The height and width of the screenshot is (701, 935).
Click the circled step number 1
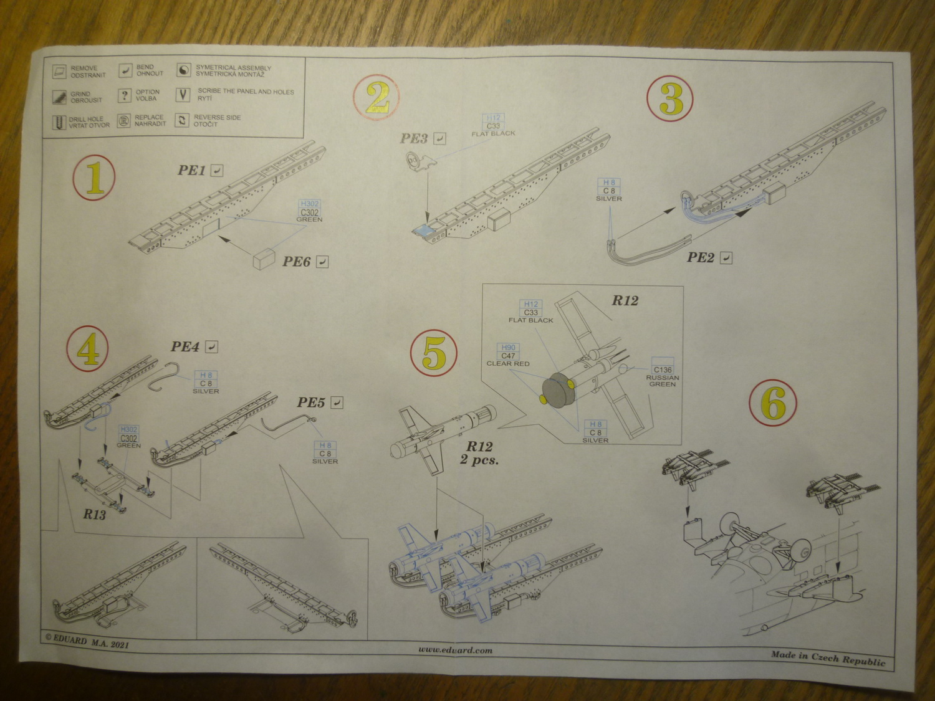click(94, 177)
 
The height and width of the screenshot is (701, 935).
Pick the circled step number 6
click(773, 403)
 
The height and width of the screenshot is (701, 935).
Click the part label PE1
click(192, 170)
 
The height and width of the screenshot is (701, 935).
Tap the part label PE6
click(296, 261)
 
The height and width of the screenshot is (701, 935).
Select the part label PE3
click(414, 138)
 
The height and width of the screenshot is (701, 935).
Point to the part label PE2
click(700, 257)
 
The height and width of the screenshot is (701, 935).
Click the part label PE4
click(185, 346)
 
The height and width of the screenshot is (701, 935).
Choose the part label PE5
click(311, 402)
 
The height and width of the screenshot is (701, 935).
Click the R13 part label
click(94, 515)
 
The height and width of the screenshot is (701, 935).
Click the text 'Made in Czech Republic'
click(828, 657)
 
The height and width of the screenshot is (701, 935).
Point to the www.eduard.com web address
click(455, 649)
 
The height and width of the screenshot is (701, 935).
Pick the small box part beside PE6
click(264, 259)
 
